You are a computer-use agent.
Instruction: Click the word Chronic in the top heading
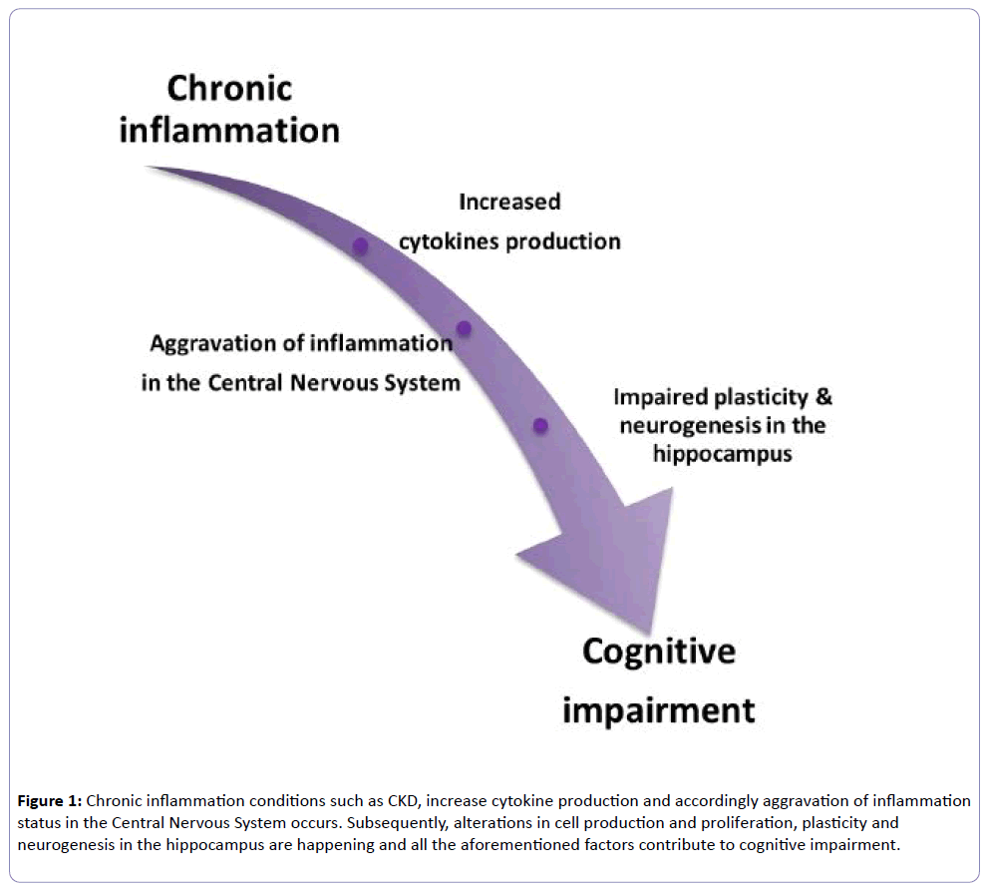pyautogui.click(x=229, y=89)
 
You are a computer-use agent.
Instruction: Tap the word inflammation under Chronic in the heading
pyautogui.click(x=229, y=131)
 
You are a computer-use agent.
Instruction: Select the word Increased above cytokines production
pyautogui.click(x=509, y=202)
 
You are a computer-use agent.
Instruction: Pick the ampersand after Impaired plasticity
pyautogui.click(x=823, y=397)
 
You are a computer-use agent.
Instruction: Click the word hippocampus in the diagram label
pyautogui.click(x=722, y=454)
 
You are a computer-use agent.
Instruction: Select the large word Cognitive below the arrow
pyautogui.click(x=659, y=653)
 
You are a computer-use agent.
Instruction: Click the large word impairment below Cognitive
pyautogui.click(x=659, y=711)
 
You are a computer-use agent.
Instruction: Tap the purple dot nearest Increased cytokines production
pyautogui.click(x=360, y=245)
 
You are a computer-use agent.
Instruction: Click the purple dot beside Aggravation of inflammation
pyautogui.click(x=464, y=328)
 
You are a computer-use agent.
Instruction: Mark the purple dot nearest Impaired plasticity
pyautogui.click(x=540, y=426)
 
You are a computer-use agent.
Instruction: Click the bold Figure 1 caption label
pyautogui.click(x=50, y=801)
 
